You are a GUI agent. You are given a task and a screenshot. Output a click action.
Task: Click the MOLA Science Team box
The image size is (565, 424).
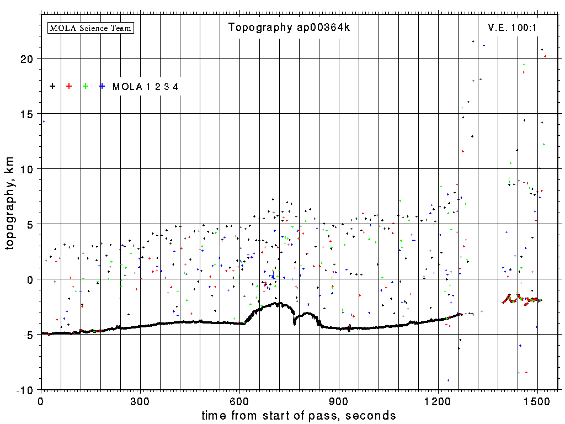[91, 28]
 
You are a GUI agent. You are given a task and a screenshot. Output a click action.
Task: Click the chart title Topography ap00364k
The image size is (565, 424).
[289, 28]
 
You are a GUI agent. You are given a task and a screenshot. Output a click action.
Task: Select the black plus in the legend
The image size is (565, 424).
[52, 86]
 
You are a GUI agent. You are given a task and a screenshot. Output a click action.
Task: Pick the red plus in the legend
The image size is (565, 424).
[69, 86]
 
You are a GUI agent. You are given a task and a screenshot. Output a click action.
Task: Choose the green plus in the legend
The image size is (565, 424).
[86, 86]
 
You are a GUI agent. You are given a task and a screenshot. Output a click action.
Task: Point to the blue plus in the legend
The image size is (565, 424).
[102, 86]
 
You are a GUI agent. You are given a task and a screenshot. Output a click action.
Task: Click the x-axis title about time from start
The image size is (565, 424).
[299, 415]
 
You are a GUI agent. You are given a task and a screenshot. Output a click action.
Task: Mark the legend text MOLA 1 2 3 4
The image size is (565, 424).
[145, 87]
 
